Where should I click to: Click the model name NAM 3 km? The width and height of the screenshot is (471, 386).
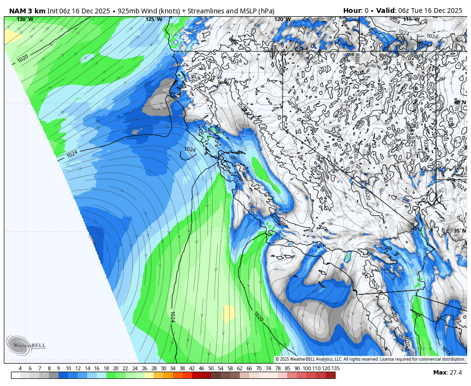click(27, 11)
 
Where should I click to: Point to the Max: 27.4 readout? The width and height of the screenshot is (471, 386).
click(448, 373)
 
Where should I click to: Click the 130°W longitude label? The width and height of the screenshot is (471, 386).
click(25, 20)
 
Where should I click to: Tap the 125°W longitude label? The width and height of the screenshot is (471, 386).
click(154, 20)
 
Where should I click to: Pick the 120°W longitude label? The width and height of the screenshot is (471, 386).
click(282, 20)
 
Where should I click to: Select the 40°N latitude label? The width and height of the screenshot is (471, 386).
click(460, 103)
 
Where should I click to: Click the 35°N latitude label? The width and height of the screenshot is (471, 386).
click(460, 231)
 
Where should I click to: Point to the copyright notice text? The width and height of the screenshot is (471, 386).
click(370, 359)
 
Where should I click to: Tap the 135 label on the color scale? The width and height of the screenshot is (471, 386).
click(336, 368)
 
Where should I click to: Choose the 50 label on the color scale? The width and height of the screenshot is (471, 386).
click(211, 368)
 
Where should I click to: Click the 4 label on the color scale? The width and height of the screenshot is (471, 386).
click(20, 368)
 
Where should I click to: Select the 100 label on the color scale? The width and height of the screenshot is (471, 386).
click(306, 368)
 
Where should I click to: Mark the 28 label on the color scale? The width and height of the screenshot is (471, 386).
click(154, 368)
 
